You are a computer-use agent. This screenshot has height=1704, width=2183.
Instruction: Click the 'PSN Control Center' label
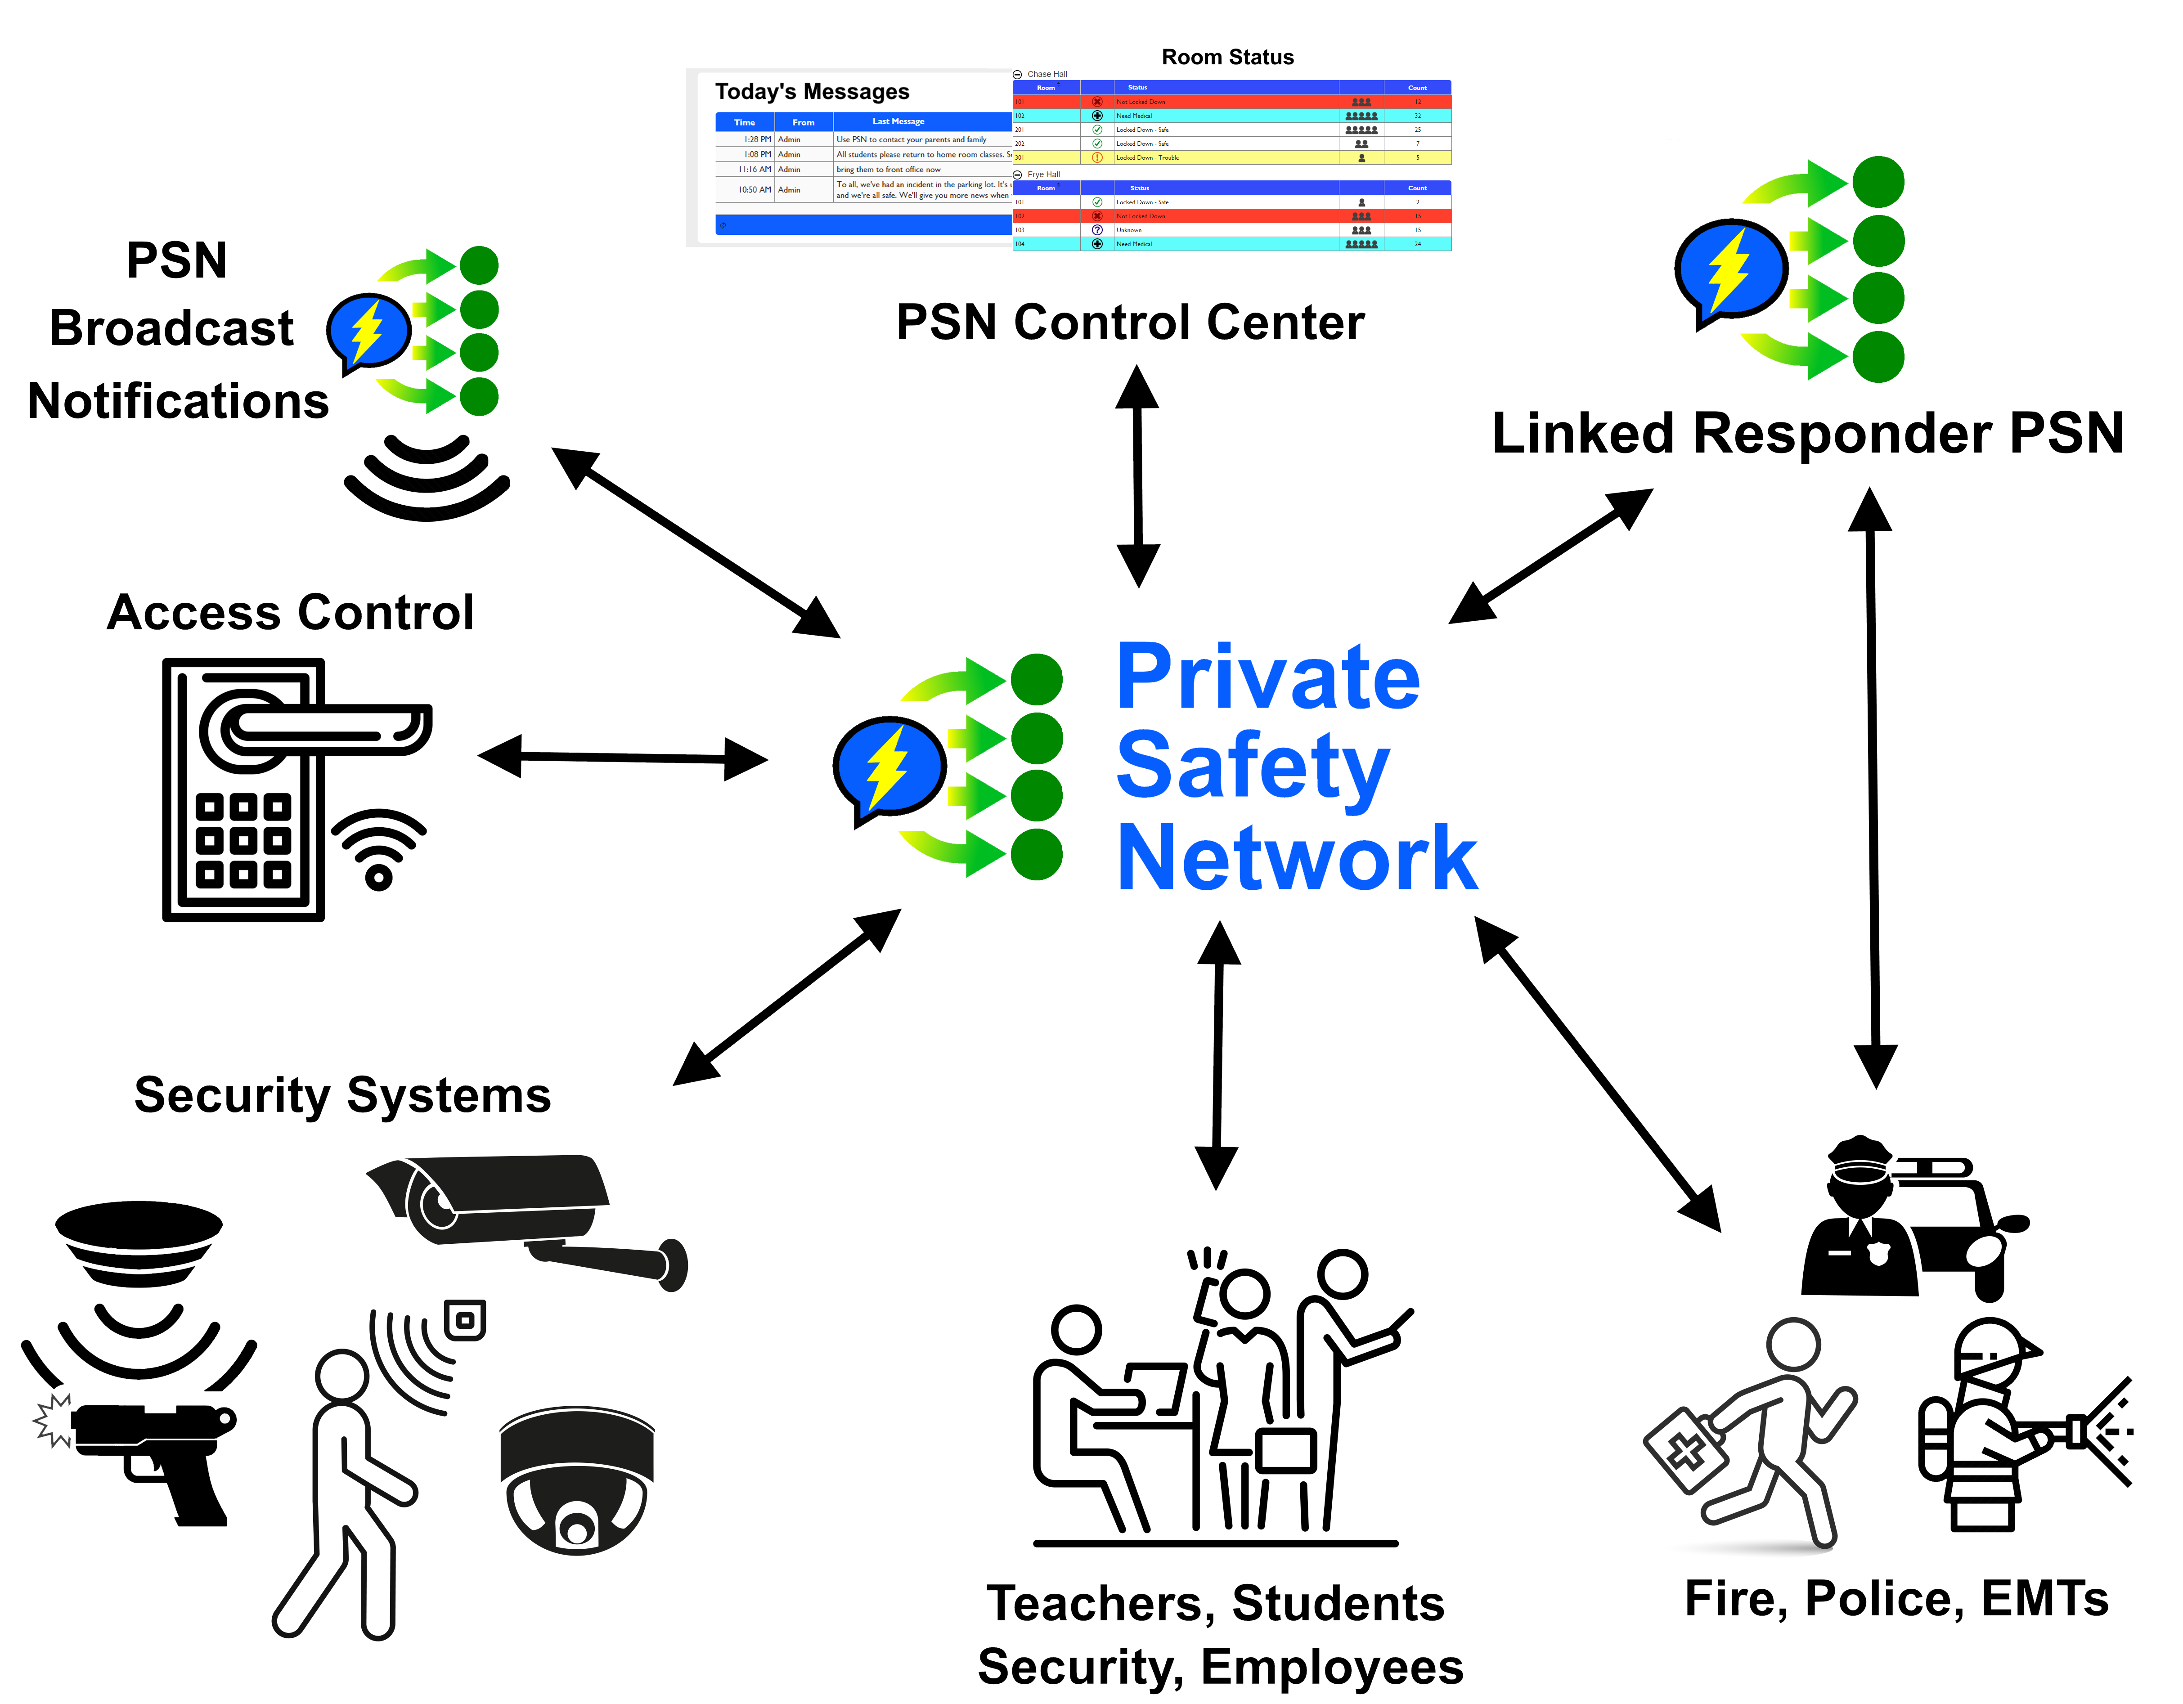tap(1129, 323)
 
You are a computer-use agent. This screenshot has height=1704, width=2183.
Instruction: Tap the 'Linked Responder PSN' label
tap(1807, 434)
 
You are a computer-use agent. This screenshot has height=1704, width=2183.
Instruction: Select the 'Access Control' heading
tap(290, 613)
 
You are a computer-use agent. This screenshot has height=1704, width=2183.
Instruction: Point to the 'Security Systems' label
tap(343, 1095)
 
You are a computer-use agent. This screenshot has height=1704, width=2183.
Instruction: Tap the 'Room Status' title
tap(1227, 57)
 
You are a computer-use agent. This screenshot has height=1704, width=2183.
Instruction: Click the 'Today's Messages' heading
tap(812, 92)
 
